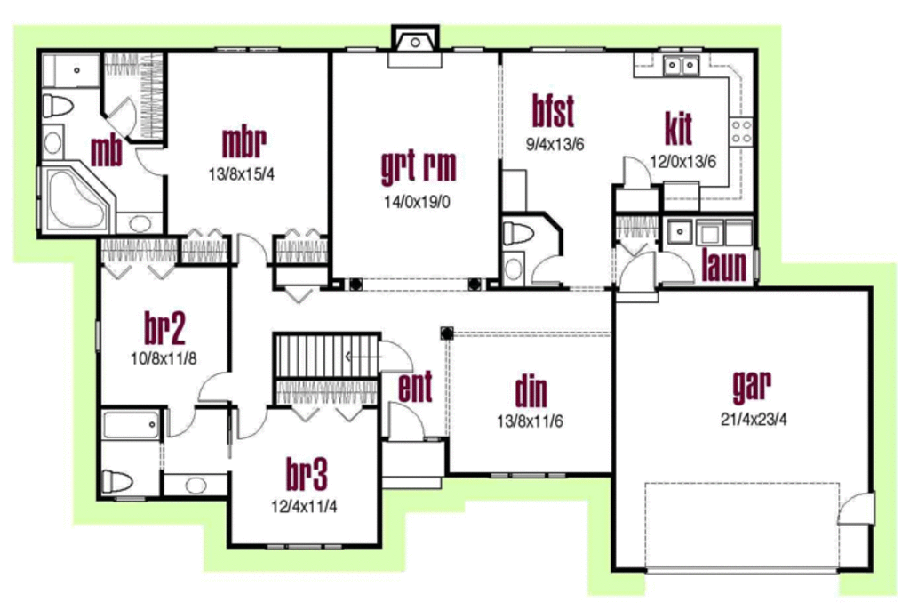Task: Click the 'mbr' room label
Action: [243, 142]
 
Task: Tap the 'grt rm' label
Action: [418, 166]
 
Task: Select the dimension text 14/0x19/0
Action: [418, 202]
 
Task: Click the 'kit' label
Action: [678, 128]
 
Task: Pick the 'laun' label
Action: [724, 266]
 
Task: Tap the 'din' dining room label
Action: [531, 391]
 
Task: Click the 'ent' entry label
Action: [415, 388]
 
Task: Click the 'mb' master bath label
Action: [106, 152]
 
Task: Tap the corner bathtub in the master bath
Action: [75, 197]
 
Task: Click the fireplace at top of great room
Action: [413, 44]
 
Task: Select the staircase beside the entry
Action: [324, 356]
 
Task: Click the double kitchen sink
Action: [682, 65]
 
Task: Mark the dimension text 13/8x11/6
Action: [530, 421]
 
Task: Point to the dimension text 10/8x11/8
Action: [164, 358]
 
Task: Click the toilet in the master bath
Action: [58, 106]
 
